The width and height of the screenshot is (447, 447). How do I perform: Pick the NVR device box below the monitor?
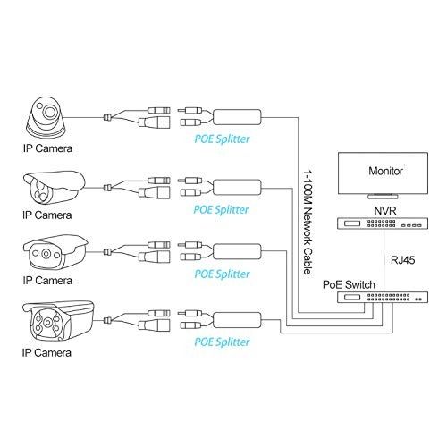click(364, 226)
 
